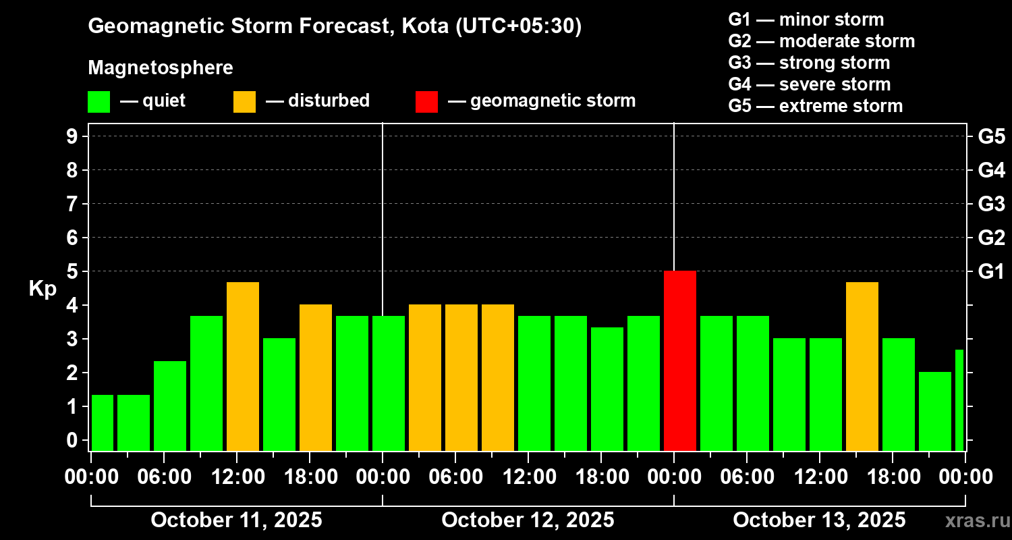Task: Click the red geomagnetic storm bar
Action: pyautogui.click(x=679, y=360)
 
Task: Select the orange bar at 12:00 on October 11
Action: pyautogui.click(x=243, y=366)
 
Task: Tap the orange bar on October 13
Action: pyautogui.click(x=862, y=366)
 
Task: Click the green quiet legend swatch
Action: pyautogui.click(x=99, y=101)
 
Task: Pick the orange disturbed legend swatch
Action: pyautogui.click(x=244, y=101)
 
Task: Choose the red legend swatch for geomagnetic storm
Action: pyautogui.click(x=426, y=101)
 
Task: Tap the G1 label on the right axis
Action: pyautogui.click(x=991, y=271)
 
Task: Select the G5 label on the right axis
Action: pyautogui.click(x=991, y=136)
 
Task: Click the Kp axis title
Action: pyautogui.click(x=42, y=289)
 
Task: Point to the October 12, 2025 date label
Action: pyautogui.click(x=528, y=520)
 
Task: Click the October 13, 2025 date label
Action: pyautogui.click(x=819, y=520)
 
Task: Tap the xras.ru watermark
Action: pyautogui.click(x=975, y=521)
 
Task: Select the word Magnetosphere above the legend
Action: pyautogui.click(x=161, y=68)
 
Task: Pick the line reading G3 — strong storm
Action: pyautogui.click(x=809, y=63)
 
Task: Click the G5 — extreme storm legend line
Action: pyautogui.click(x=815, y=106)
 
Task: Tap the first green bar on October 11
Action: pyautogui.click(x=103, y=423)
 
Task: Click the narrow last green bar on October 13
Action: pyautogui.click(x=959, y=400)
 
